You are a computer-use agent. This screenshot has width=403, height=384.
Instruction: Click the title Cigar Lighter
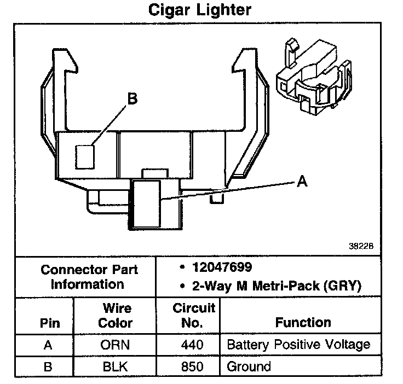click(x=201, y=10)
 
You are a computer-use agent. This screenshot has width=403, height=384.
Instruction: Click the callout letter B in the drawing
click(x=132, y=99)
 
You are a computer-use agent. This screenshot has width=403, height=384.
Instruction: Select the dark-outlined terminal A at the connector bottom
click(x=145, y=205)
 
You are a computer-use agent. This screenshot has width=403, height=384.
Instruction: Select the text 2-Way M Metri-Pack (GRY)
click(x=270, y=285)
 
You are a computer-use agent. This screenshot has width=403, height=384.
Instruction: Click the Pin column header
click(x=50, y=323)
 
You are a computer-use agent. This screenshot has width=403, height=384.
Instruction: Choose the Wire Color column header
click(x=115, y=316)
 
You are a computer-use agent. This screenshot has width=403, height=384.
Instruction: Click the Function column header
click(x=303, y=322)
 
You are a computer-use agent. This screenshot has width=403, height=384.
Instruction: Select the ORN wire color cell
click(x=115, y=345)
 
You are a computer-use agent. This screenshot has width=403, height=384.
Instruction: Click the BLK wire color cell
click(x=115, y=366)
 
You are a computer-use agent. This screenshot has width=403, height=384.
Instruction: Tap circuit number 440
click(x=192, y=345)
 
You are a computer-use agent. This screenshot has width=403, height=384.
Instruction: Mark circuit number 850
click(x=192, y=366)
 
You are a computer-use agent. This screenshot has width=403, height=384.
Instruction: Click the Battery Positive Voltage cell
click(x=298, y=345)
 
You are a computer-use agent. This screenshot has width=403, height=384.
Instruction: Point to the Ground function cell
click(x=249, y=366)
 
